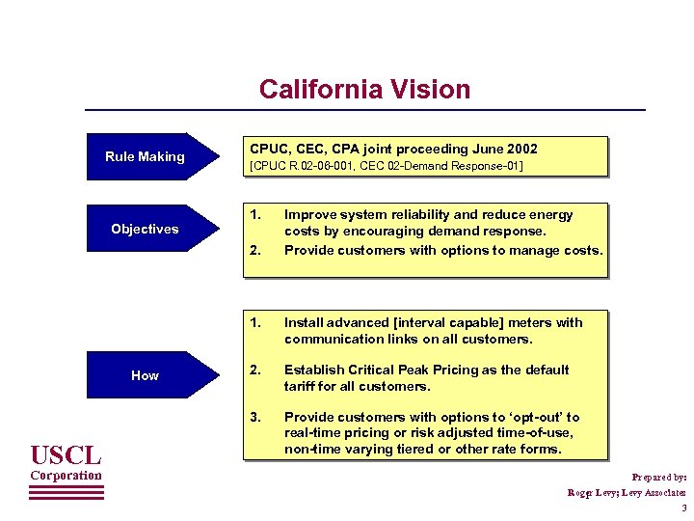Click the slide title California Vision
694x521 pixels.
(364, 90)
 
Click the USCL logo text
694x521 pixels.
(65, 452)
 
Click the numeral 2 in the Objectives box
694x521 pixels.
(254, 250)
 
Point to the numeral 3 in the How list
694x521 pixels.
(254, 417)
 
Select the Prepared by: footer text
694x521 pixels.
(659, 477)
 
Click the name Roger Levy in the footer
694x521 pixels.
(592, 492)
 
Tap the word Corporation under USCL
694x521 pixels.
(66, 475)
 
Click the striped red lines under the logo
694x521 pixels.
(66, 491)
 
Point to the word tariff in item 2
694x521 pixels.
(302, 386)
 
